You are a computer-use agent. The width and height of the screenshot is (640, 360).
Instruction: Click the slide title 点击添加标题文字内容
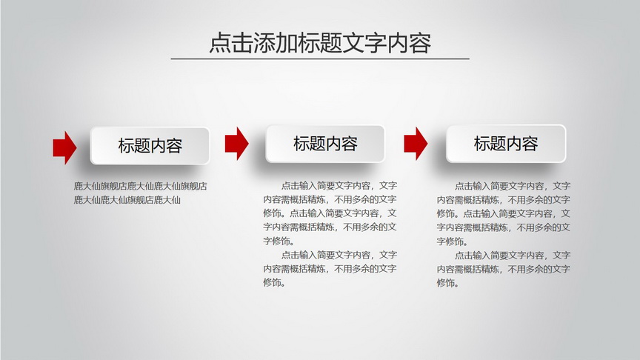[x=320, y=43]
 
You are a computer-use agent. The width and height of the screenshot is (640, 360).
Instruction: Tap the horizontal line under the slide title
[x=320, y=59]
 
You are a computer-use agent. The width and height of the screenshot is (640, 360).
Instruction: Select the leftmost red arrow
[x=64, y=147]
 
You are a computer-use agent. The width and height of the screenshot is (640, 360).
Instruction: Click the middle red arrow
[x=237, y=143]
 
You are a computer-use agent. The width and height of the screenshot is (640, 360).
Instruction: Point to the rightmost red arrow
[x=416, y=143]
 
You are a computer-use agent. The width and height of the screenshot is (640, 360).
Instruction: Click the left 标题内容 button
[x=150, y=146]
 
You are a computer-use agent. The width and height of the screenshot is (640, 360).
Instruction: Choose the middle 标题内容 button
[x=325, y=144]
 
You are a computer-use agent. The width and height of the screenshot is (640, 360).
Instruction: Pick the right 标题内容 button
[x=506, y=144]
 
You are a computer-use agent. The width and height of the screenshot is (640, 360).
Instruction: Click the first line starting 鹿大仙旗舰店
[x=141, y=186]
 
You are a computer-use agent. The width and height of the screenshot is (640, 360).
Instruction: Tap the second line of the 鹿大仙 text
[x=127, y=200]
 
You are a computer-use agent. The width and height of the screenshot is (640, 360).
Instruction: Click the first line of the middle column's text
[x=339, y=186]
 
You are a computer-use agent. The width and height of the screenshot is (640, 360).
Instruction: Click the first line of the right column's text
[x=513, y=186]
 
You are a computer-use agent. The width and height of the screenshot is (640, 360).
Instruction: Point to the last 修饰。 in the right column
[x=447, y=283]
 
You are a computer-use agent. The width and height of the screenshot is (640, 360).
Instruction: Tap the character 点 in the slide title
[x=220, y=43]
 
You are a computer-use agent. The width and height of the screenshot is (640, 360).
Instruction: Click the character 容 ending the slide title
[x=421, y=43]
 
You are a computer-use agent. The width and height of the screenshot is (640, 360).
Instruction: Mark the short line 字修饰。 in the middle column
[x=279, y=241]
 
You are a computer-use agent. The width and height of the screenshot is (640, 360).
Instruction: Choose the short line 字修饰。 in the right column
[x=453, y=241]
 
